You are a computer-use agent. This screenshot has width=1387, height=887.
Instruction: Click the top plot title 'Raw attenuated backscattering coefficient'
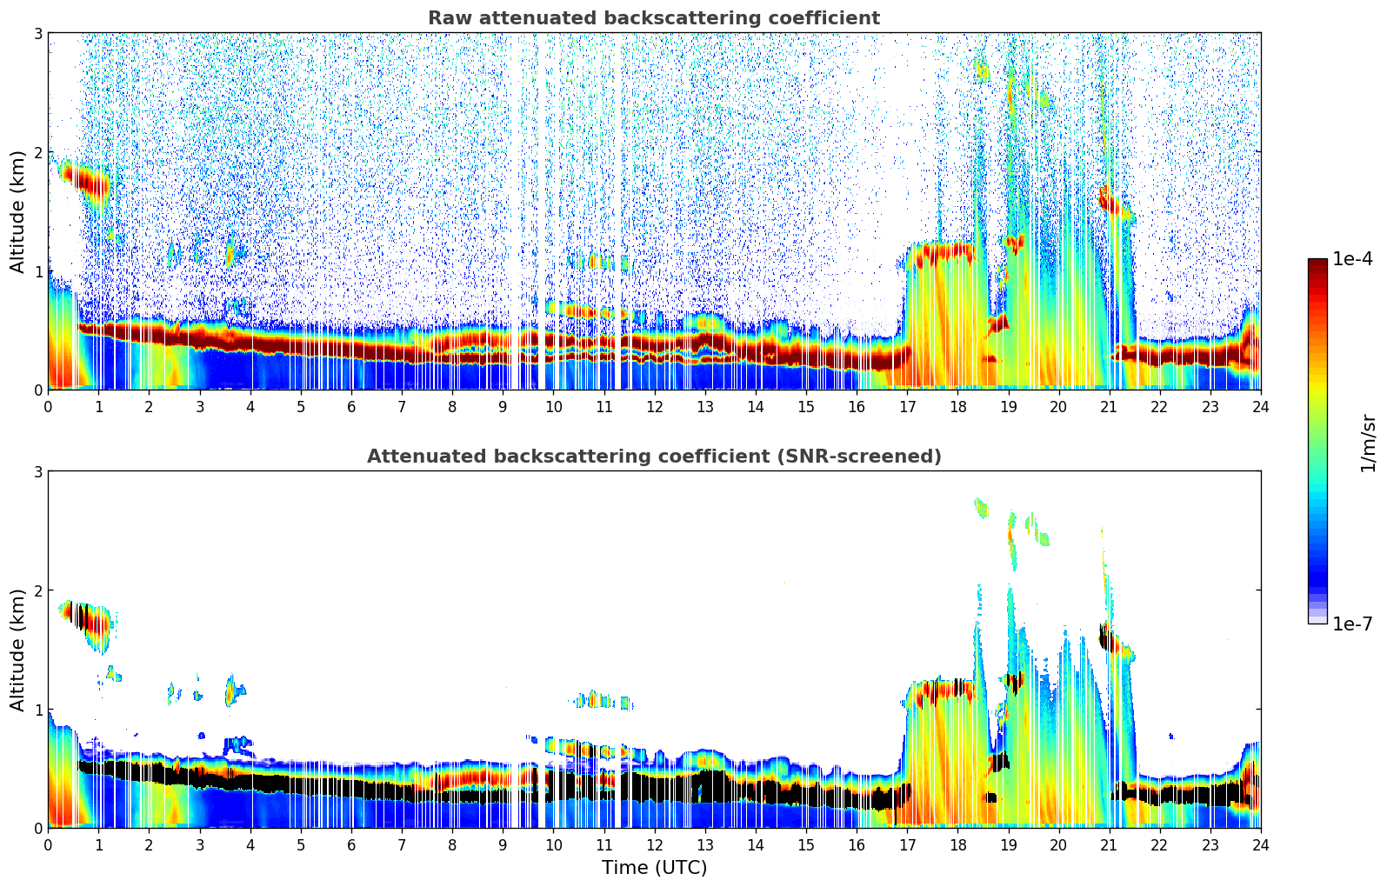pos(653,18)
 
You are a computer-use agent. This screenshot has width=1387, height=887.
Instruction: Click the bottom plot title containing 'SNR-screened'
pos(653,457)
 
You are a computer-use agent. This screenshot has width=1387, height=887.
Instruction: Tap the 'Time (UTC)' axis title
pos(654,868)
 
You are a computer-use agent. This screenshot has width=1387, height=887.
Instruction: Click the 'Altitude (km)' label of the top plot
pos(18,211)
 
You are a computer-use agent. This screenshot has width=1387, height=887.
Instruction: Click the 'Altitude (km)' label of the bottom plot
pos(18,650)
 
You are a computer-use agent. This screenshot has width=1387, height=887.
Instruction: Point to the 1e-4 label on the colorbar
pos(1351,259)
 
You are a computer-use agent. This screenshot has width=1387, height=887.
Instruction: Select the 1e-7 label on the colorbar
pos(1351,624)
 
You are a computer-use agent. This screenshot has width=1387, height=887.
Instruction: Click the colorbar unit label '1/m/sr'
pos(1368,442)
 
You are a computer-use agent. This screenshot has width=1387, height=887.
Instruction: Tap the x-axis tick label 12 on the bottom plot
pos(655,845)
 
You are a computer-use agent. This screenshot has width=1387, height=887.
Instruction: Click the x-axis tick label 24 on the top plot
pos(1261,407)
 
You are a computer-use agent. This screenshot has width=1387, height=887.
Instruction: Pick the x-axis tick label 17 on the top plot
pos(907,407)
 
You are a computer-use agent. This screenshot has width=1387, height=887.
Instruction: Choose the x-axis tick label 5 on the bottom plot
pos(301,845)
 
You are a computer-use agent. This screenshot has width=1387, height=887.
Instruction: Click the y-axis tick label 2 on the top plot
pos(38,152)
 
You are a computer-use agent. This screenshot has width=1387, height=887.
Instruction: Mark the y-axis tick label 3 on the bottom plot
pos(38,471)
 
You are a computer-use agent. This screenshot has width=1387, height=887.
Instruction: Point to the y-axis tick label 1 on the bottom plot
pos(38,710)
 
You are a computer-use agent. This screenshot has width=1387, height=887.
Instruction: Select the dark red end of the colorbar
pos(1317,264)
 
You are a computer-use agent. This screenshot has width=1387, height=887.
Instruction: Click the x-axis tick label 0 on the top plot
pos(48,407)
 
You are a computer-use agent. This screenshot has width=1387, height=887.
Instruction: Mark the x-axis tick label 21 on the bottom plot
pos(1109,845)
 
